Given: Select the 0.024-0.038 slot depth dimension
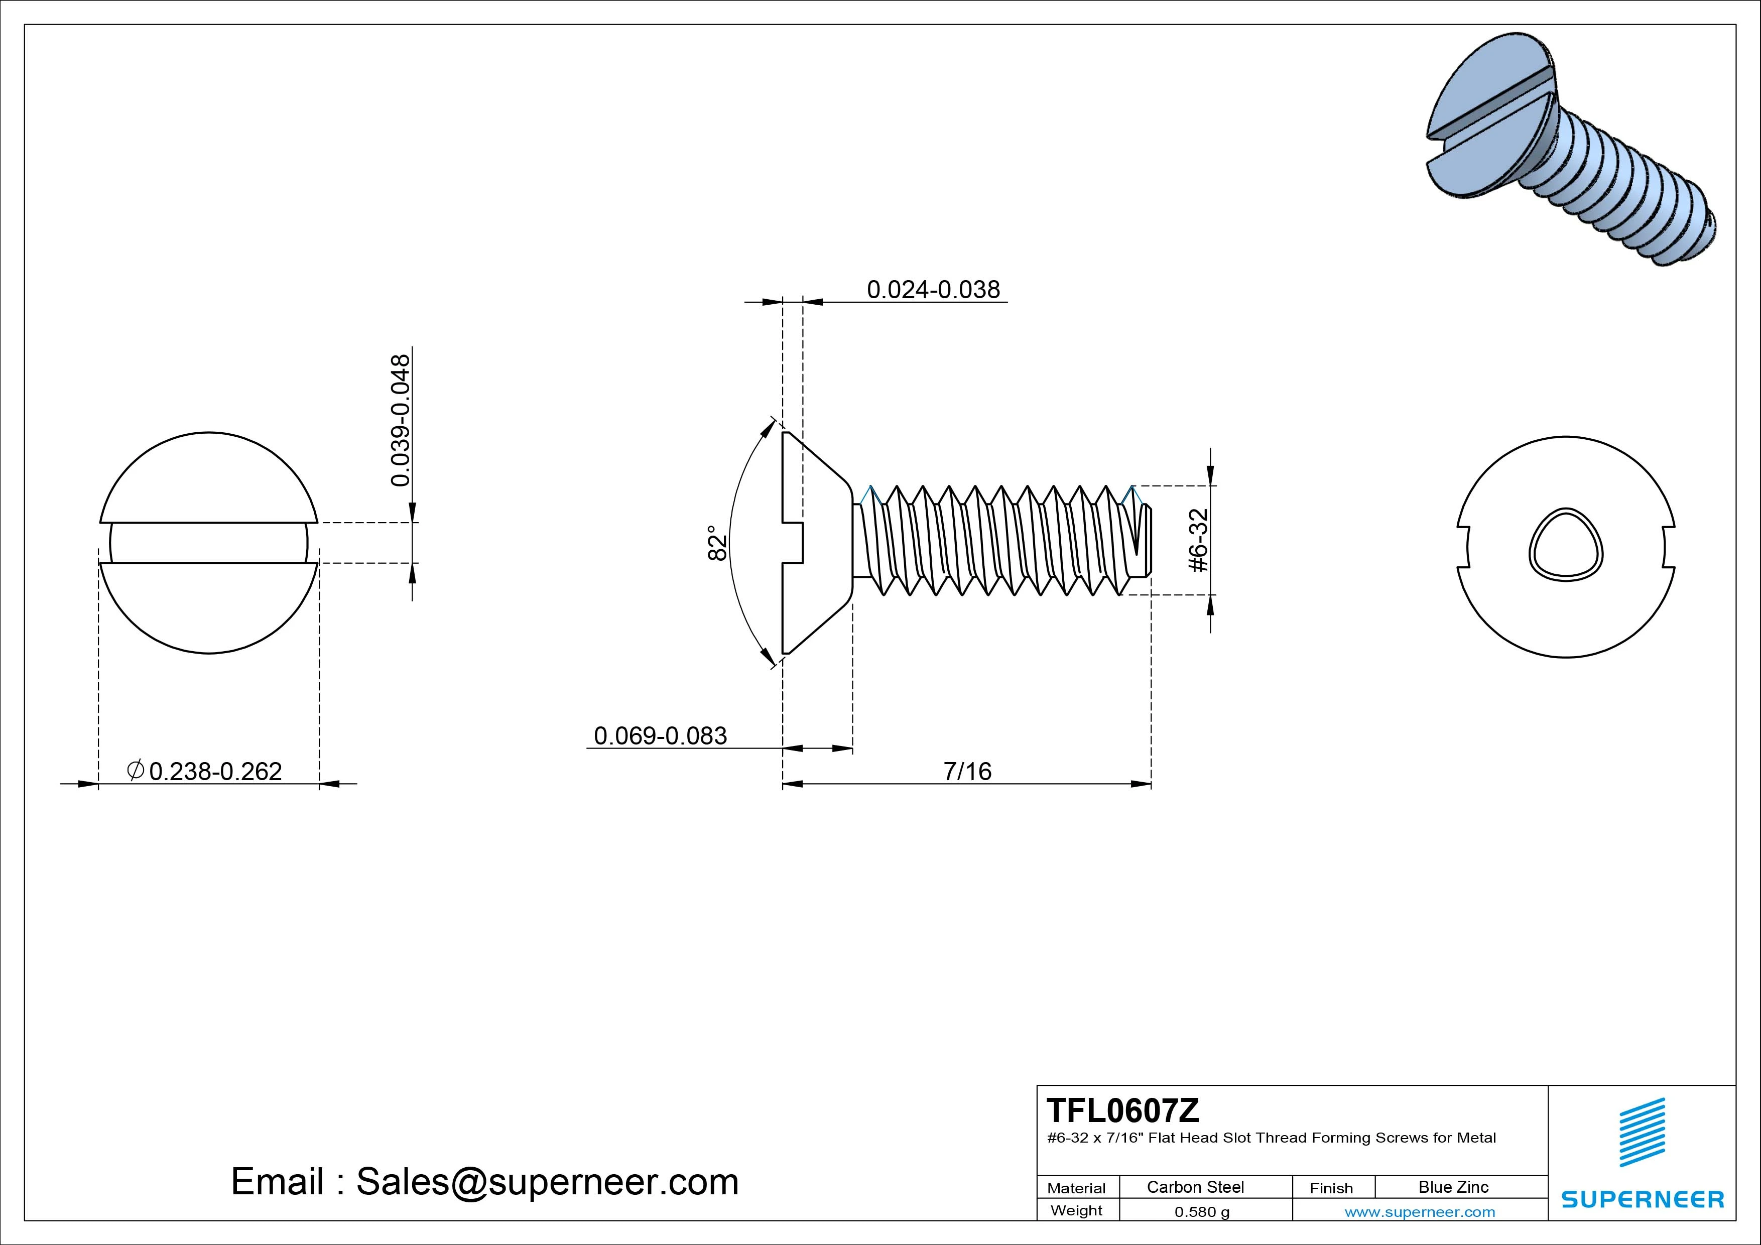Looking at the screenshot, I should [x=933, y=290].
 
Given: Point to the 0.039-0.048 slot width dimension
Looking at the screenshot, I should [x=401, y=420].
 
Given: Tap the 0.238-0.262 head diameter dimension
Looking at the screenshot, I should [x=215, y=771].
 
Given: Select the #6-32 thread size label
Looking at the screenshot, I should [x=1198, y=540].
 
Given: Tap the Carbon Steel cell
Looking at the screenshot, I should [x=1195, y=1187].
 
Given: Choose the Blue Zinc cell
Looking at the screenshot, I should [x=1453, y=1187].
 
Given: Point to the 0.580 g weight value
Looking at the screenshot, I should [x=1202, y=1212].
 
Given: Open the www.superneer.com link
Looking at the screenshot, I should [x=1419, y=1212].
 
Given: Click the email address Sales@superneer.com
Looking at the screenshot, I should [x=547, y=1182].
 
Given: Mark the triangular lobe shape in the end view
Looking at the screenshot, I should [x=1565, y=546].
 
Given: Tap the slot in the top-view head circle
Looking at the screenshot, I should [x=209, y=543].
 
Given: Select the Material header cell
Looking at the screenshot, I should [x=1076, y=1188].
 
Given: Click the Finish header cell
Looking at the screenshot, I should [x=1331, y=1188].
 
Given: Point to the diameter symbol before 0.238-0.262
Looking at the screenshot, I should [x=135, y=770].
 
